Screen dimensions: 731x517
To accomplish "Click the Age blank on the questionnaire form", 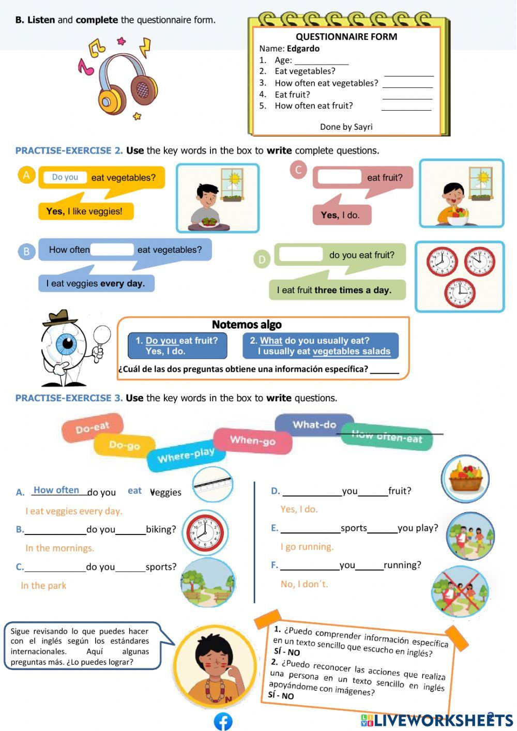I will pyautogui.click(x=321, y=61).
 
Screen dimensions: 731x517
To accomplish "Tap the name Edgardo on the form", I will pyautogui.click(x=303, y=49).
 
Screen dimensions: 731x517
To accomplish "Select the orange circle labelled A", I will pyautogui.click(x=26, y=175).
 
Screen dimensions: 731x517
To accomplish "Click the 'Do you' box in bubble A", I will pyautogui.click(x=65, y=177).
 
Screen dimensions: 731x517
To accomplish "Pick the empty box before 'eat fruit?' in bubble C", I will pyautogui.click(x=339, y=177).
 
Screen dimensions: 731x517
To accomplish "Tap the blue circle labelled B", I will pyautogui.click(x=26, y=252).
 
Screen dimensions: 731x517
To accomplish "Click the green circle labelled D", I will pyautogui.click(x=262, y=259).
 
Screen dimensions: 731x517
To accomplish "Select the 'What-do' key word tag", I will pyautogui.click(x=314, y=425).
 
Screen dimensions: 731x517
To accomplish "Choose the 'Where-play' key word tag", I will pyautogui.click(x=186, y=455).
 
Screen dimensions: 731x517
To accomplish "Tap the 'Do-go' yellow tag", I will pyautogui.click(x=124, y=445).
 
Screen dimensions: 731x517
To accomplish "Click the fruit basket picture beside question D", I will pyautogui.click(x=465, y=478).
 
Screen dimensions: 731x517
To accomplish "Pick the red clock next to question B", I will pyautogui.click(x=205, y=533).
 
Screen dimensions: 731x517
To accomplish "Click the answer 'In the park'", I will pyautogui.click(x=44, y=586).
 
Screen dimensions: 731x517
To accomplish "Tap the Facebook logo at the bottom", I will pyautogui.click(x=223, y=721).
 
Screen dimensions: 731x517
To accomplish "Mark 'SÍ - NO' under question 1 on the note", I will pyautogui.click(x=287, y=652).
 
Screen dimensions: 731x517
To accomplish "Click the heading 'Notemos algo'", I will pyautogui.click(x=247, y=325).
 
